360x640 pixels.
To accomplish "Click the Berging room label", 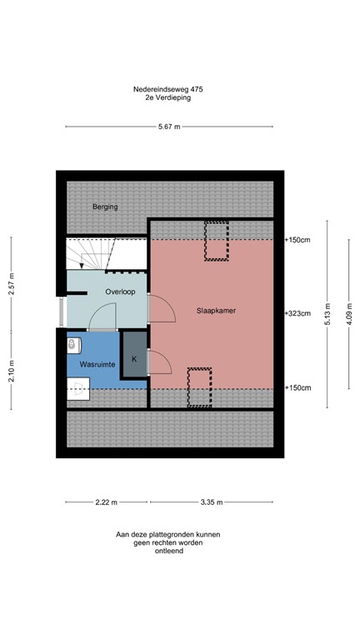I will click(106, 207).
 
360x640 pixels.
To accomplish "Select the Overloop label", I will click(121, 292).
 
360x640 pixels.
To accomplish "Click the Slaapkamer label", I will click(215, 310).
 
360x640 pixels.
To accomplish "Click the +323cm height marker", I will click(297, 314).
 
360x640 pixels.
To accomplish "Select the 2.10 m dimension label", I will click(12, 367).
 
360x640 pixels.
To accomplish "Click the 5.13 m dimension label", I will click(327, 314).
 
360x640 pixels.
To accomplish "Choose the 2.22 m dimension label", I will click(106, 502).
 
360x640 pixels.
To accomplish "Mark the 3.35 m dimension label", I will click(212, 502).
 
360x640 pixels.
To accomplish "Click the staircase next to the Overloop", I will click(88, 252).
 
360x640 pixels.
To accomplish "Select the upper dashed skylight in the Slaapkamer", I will click(216, 242).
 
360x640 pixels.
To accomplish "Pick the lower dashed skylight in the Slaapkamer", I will click(199, 387).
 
